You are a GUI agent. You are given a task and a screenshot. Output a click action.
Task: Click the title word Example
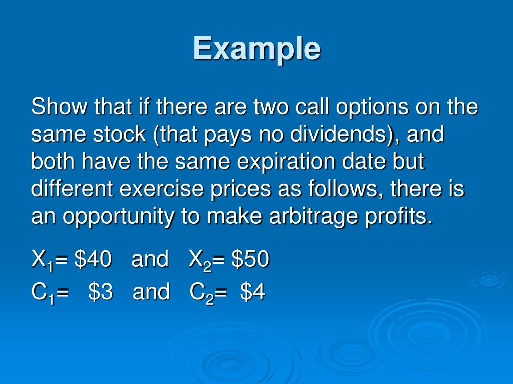coord(256,48)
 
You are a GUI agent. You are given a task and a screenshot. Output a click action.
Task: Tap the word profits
coord(403,217)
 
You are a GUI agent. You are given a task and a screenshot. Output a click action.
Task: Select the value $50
coord(250,259)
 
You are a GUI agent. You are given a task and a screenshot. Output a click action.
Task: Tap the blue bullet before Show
coord(20,108)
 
